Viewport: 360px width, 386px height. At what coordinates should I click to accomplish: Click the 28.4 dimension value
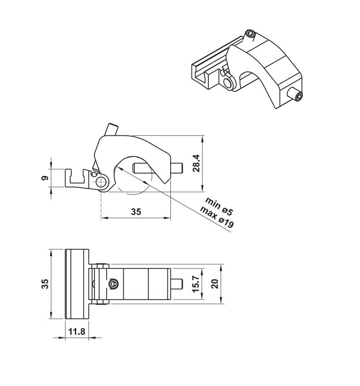[196, 163]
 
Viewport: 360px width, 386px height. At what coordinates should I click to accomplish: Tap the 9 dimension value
[45, 178]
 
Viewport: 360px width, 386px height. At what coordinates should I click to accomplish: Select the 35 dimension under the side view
[136, 212]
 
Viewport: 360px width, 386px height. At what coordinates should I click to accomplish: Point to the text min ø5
[219, 206]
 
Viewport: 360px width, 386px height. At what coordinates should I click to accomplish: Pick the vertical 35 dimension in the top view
[45, 284]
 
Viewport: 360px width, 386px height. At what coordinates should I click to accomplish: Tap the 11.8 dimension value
[77, 332]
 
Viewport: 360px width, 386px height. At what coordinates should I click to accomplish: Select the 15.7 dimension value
[196, 284]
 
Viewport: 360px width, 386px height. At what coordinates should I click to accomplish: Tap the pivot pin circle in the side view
[101, 183]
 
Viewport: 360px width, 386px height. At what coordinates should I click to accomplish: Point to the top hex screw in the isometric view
[250, 34]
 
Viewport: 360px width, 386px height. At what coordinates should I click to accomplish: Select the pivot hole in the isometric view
[229, 83]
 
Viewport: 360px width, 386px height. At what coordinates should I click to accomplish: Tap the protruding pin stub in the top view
[177, 284]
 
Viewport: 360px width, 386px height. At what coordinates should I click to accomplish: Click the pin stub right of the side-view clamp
[177, 168]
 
